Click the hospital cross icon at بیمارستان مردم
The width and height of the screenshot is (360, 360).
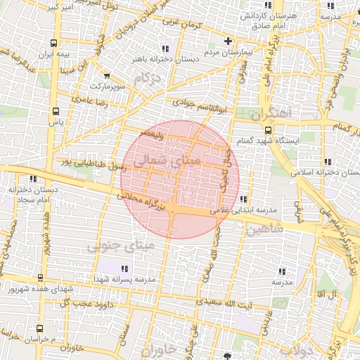(x=228, y=40)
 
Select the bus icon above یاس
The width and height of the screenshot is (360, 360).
(x=56, y=111)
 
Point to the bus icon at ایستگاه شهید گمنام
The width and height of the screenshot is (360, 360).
(x=268, y=130)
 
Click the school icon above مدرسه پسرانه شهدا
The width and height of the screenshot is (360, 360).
(x=124, y=269)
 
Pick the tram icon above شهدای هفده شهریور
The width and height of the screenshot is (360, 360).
(x=40, y=278)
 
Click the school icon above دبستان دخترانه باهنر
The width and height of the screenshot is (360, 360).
(x=165, y=49)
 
